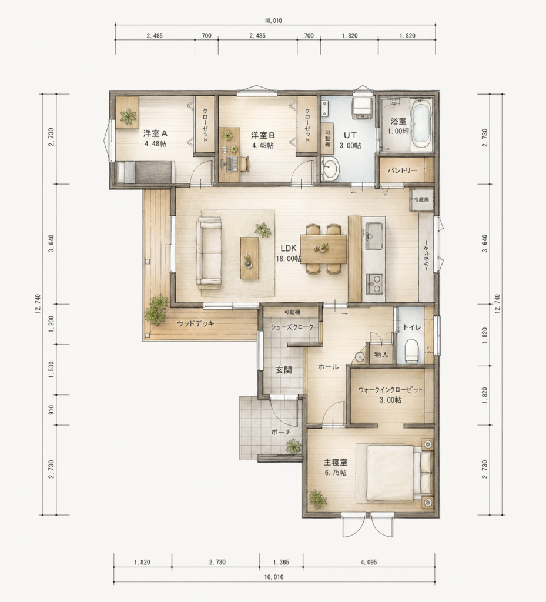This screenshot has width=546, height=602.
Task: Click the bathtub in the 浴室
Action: click(x=421, y=125)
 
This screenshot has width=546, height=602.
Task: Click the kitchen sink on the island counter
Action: click(x=374, y=235)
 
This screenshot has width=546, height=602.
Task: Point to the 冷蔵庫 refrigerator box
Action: click(x=421, y=200)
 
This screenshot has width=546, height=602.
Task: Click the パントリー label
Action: click(x=402, y=170)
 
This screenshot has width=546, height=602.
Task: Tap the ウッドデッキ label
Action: click(x=195, y=324)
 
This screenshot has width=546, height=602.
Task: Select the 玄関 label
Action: click(x=283, y=370)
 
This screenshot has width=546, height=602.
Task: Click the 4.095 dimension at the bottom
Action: click(x=369, y=563)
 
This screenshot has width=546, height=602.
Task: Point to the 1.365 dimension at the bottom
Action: click(x=281, y=563)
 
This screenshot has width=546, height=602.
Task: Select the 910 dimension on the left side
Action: click(x=51, y=410)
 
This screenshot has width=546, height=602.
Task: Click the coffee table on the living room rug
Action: click(x=249, y=257)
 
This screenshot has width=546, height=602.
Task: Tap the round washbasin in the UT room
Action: click(x=330, y=169)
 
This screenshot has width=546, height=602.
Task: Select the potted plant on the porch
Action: click(x=293, y=447)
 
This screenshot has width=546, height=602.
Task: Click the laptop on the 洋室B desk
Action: click(x=232, y=164)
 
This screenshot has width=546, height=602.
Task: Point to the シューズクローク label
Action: click(x=292, y=327)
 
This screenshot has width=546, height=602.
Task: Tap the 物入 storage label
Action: click(x=381, y=354)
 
